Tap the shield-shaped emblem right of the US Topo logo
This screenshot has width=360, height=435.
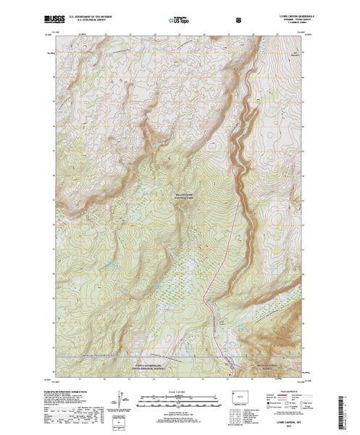click(208, 22)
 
